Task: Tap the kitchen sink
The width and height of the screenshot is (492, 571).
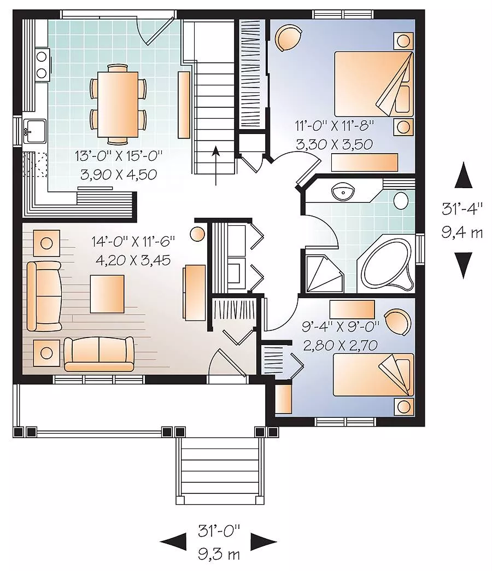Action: (34, 131)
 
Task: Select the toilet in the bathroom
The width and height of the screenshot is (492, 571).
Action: (401, 201)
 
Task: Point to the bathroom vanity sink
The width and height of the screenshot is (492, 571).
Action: (343, 192)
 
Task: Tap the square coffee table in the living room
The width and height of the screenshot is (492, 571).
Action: (107, 294)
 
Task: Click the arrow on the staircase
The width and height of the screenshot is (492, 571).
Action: (216, 166)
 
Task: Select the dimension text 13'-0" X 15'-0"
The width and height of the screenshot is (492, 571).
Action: (118, 156)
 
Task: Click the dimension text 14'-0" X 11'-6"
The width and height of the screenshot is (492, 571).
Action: (133, 241)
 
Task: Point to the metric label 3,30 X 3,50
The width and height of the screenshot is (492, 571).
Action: (334, 144)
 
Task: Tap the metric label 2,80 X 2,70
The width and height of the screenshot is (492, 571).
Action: (340, 345)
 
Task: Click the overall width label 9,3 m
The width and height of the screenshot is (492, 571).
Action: (219, 554)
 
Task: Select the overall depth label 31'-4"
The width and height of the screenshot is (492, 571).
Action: (462, 209)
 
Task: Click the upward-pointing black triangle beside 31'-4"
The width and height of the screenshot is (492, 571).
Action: (464, 176)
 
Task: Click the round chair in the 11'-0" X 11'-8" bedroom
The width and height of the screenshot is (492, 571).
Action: (288, 38)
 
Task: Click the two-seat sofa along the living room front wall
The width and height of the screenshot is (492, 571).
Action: (99, 354)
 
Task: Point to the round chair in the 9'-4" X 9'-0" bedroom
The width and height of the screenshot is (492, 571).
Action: (397, 322)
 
